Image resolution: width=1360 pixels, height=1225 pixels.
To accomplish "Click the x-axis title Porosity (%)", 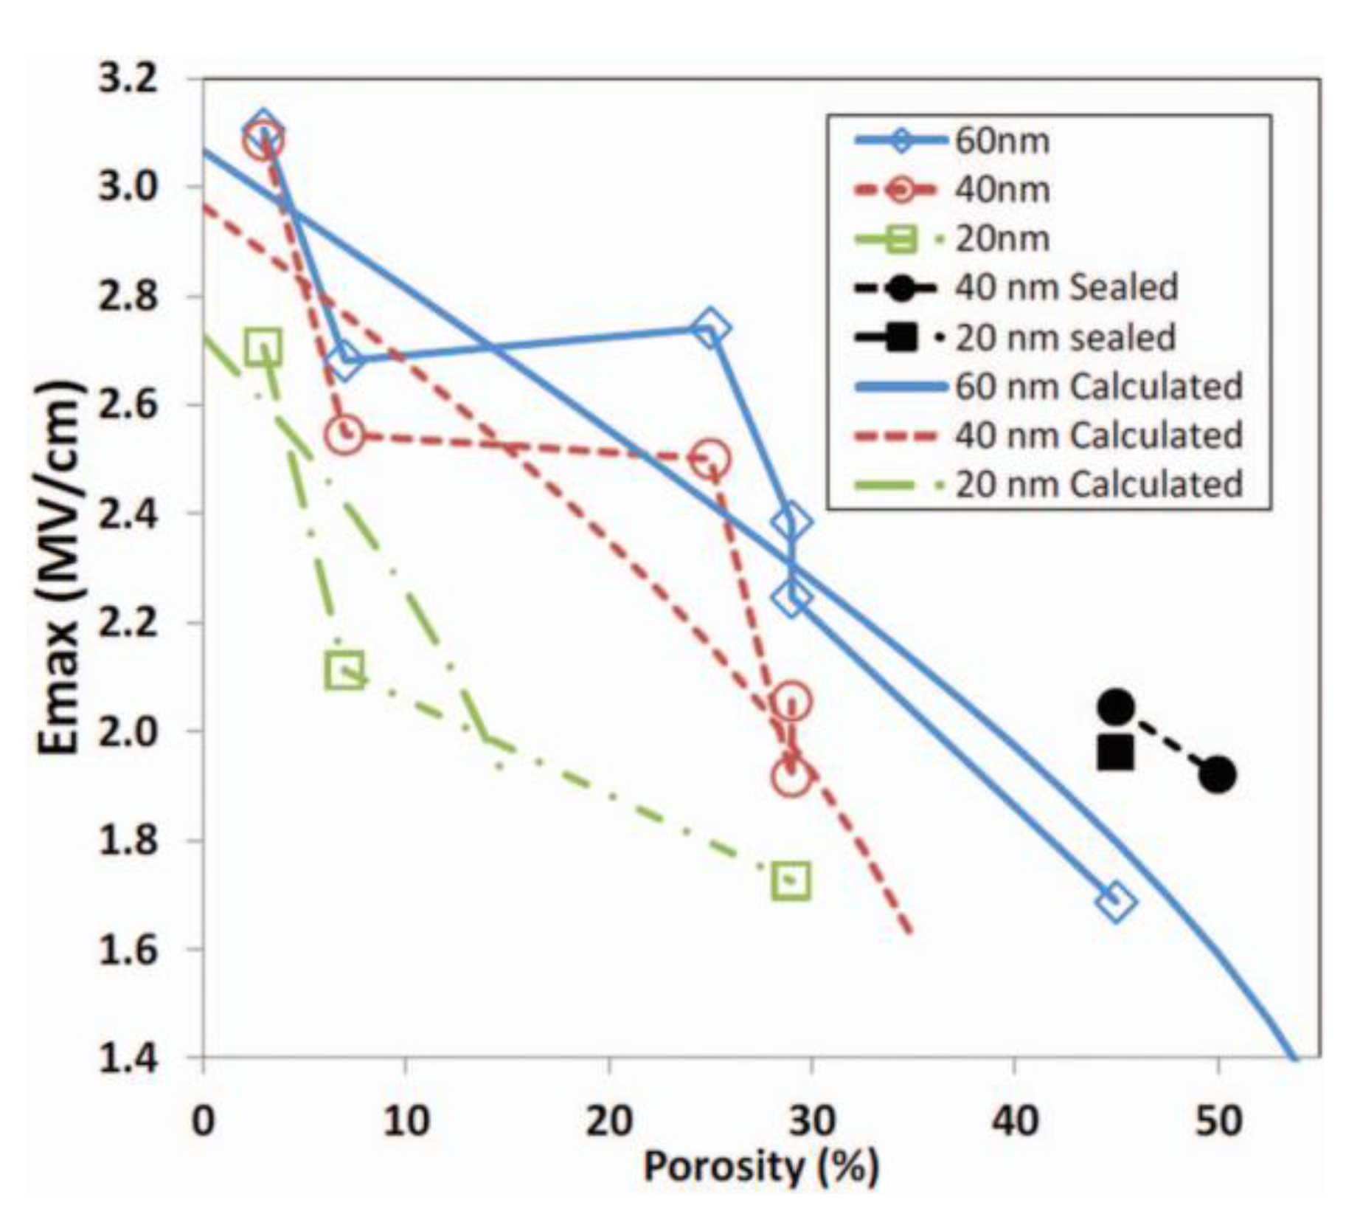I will (x=761, y=1167).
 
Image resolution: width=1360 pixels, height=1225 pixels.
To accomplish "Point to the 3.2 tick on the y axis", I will (x=128, y=78).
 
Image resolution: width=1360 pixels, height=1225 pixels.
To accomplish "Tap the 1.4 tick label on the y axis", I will (x=128, y=1057).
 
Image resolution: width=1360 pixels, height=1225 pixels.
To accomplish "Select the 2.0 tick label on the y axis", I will (x=128, y=731).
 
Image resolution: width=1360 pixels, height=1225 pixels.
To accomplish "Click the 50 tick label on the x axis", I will (x=1218, y=1120).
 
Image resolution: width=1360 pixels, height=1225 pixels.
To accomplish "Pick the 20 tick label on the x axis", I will (x=608, y=1120).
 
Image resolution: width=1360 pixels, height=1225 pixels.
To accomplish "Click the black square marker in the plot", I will (x=1115, y=753).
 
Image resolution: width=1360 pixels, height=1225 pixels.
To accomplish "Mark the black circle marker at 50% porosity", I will (x=1217, y=775).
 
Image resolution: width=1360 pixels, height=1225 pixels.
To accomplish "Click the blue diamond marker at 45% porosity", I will (x=1116, y=901).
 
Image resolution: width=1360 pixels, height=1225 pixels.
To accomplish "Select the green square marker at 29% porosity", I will (x=791, y=880).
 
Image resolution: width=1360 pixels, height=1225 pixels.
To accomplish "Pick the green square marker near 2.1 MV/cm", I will (x=344, y=671).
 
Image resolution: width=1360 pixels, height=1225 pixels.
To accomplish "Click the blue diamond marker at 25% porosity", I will (x=710, y=328).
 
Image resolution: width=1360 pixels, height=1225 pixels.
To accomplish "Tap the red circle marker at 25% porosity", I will (x=710, y=458).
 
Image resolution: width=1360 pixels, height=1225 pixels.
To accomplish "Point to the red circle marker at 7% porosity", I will (x=344, y=435).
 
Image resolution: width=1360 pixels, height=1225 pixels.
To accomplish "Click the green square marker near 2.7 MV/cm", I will (x=263, y=346).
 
